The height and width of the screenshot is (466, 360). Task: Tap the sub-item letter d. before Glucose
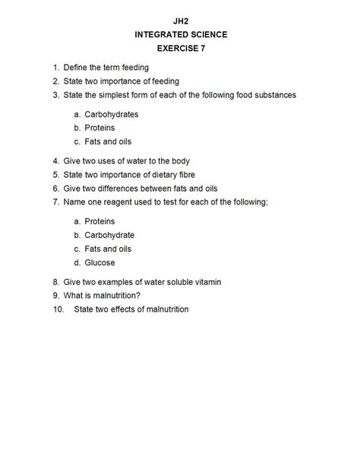point(77,262)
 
